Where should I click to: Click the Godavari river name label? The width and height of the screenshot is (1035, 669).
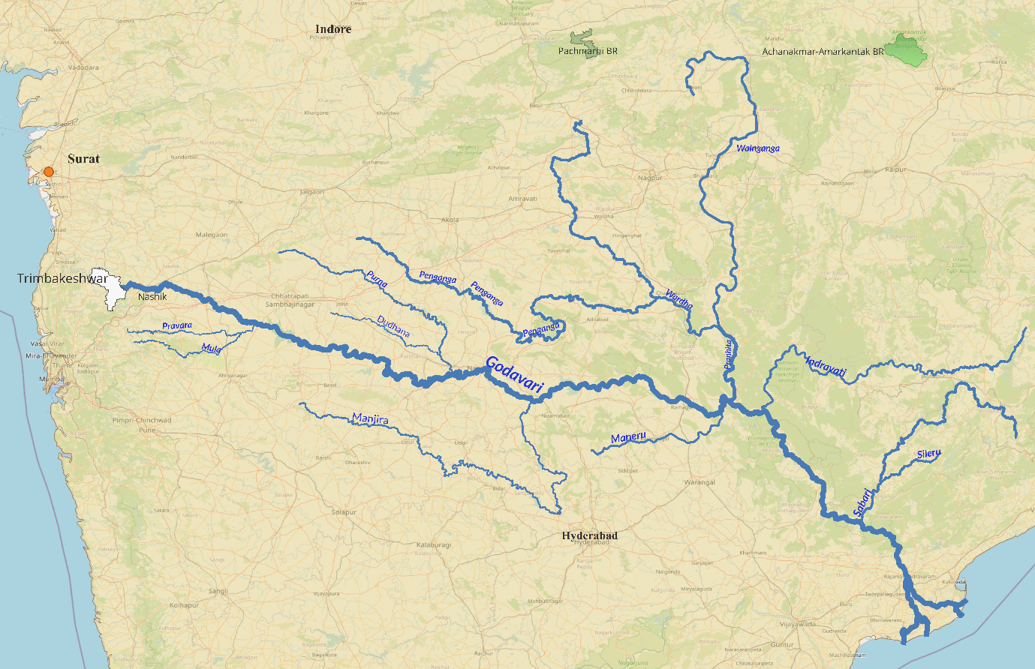(514, 373)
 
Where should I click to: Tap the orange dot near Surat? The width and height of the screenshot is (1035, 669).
(49, 172)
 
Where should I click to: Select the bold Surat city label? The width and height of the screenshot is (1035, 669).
(83, 159)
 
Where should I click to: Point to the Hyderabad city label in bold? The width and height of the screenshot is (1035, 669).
(590, 535)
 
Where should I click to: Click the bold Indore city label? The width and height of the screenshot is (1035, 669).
(333, 29)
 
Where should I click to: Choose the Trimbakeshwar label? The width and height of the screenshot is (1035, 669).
(62, 279)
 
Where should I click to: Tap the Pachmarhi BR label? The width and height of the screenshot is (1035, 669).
(588, 51)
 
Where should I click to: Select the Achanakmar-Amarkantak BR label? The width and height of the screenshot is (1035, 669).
(823, 52)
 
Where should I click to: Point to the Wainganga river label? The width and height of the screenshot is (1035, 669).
(757, 148)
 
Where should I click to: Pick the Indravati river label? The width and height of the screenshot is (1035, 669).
(825, 367)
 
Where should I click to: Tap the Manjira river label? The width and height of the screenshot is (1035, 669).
(370, 419)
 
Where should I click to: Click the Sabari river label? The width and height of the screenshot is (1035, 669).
(862, 502)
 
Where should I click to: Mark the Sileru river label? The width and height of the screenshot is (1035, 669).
(929, 454)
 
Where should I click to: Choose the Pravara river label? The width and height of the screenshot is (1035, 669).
(177, 326)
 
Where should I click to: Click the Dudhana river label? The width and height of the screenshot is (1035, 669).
(393, 326)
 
